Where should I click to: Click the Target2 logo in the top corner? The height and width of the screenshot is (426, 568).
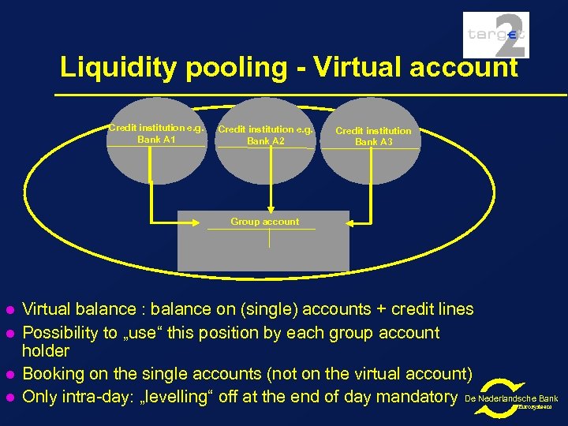[495, 35]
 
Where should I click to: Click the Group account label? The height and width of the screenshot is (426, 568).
[264, 222]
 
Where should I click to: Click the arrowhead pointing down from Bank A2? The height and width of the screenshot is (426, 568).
[271, 207]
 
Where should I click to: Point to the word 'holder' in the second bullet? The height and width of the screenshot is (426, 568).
[46, 351]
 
